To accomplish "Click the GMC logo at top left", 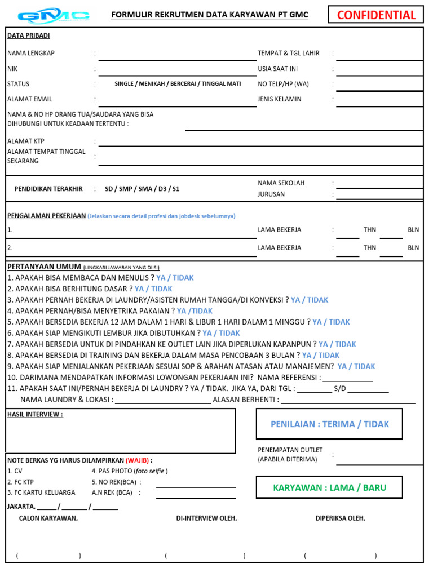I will pyautogui.click(x=54, y=15).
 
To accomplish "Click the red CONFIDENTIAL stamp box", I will pyautogui.click(x=376, y=15).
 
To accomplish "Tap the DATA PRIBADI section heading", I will pyautogui.click(x=28, y=36).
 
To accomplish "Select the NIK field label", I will pyautogui.click(x=12, y=69).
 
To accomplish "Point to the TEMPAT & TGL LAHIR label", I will pyautogui.click(x=289, y=54).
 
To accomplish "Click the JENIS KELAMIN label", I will pyautogui.click(x=280, y=99).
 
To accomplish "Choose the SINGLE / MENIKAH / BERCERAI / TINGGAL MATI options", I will pyautogui.click(x=178, y=84).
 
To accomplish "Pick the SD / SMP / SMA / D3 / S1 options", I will pyautogui.click(x=142, y=189).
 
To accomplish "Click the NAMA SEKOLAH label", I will pyautogui.click(x=281, y=183).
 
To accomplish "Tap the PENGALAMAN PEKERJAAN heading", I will pyautogui.click(x=46, y=216).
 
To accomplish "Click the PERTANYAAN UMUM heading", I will pyautogui.click(x=44, y=267).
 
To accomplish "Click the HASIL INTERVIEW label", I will pyautogui.click(x=35, y=415).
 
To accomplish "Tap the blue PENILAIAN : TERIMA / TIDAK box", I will pyautogui.click(x=330, y=424).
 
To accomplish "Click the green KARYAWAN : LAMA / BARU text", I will pyautogui.click(x=330, y=488).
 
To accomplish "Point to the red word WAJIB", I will pyautogui.click(x=138, y=460).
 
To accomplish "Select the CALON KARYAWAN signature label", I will pyautogui.click(x=48, y=518).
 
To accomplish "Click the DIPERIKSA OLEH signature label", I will pyautogui.click(x=340, y=518).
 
